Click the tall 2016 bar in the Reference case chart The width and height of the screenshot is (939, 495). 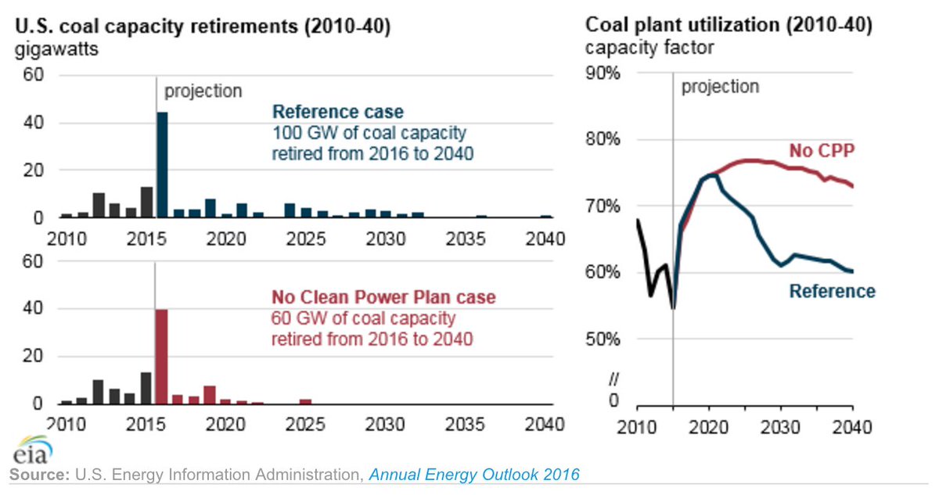pyautogui.click(x=162, y=165)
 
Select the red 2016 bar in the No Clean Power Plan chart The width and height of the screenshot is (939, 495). pyautogui.click(x=162, y=357)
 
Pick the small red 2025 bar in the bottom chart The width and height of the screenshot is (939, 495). pyautogui.click(x=305, y=401)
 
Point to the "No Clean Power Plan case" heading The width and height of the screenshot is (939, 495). pyautogui.click(x=383, y=298)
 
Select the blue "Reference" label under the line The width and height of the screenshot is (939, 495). pyautogui.click(x=832, y=291)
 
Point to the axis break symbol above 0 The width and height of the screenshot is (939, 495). pyautogui.click(x=614, y=379)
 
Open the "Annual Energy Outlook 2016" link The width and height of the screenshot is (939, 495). pyautogui.click(x=474, y=475)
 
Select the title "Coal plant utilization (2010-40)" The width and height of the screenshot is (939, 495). pyautogui.click(x=729, y=26)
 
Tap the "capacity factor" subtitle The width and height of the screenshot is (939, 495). pyautogui.click(x=649, y=48)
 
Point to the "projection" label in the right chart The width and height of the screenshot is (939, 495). pyautogui.click(x=720, y=86)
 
